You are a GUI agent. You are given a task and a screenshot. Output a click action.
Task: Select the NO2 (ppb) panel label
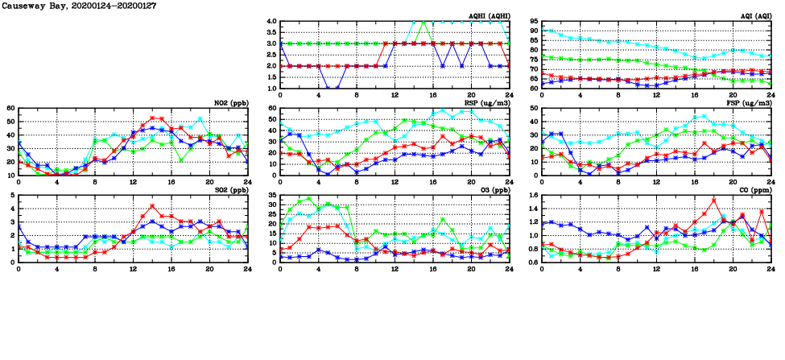[x=230, y=103]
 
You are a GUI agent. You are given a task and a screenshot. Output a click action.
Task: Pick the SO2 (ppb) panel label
[x=230, y=190]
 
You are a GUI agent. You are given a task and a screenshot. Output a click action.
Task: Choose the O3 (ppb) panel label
[x=492, y=190]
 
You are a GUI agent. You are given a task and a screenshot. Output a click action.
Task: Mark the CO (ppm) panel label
[x=754, y=190]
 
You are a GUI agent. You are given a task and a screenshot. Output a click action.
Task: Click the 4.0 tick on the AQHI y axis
[x=271, y=22]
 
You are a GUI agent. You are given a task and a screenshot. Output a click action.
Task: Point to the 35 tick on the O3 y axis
[x=271, y=196]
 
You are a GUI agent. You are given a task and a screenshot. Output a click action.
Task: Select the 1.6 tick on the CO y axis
[x=532, y=196]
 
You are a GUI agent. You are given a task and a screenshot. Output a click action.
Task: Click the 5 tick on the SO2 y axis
[x=11, y=196]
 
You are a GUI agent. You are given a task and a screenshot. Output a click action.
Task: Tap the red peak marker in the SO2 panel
[x=151, y=206]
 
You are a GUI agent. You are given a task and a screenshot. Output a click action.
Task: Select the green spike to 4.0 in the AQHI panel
[x=423, y=22]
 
